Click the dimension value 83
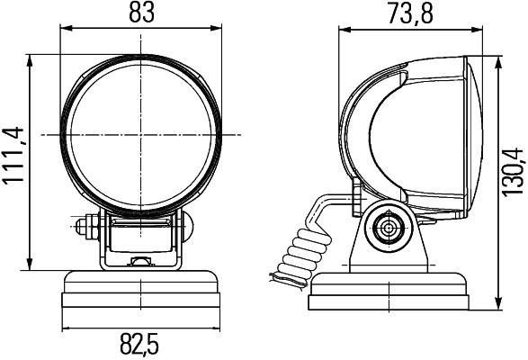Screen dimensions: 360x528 142,13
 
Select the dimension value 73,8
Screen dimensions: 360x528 413,13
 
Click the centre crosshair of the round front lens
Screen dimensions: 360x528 142,134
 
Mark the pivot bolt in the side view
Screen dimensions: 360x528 388,228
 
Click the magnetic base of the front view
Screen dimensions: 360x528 142,292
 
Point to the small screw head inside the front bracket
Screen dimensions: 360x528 141,262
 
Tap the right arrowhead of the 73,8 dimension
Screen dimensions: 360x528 480,29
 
